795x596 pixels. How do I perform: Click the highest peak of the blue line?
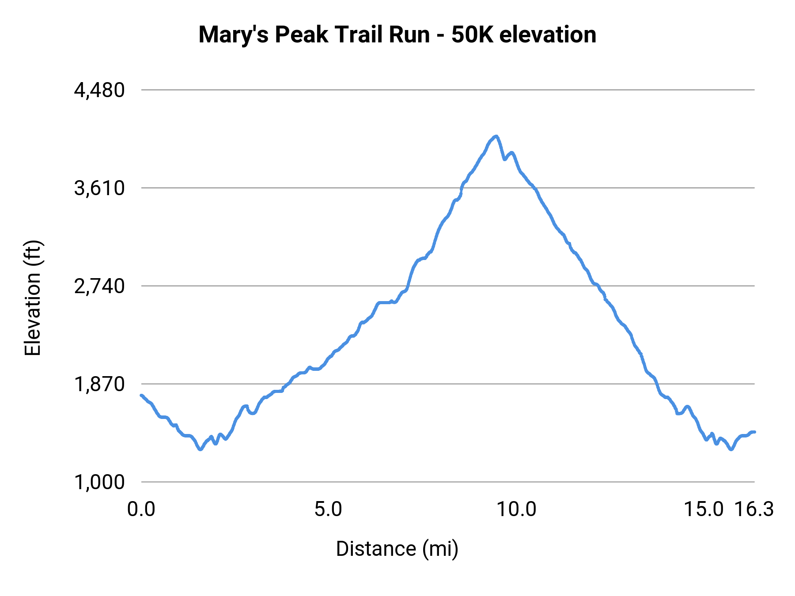click(x=496, y=136)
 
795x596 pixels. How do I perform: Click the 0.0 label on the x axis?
click(x=141, y=509)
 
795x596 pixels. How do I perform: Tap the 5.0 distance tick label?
click(x=328, y=509)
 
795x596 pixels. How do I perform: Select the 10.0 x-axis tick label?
click(x=516, y=509)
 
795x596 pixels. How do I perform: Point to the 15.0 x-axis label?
click(x=704, y=509)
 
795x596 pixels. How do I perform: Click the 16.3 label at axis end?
click(x=754, y=509)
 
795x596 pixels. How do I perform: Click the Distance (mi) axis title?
click(x=397, y=549)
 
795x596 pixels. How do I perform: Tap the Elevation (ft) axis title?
click(x=33, y=298)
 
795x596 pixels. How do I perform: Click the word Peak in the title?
click(x=302, y=35)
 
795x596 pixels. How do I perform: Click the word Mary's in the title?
click(x=234, y=35)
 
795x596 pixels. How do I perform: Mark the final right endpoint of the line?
click(x=754, y=432)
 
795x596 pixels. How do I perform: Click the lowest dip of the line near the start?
click(x=200, y=449)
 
